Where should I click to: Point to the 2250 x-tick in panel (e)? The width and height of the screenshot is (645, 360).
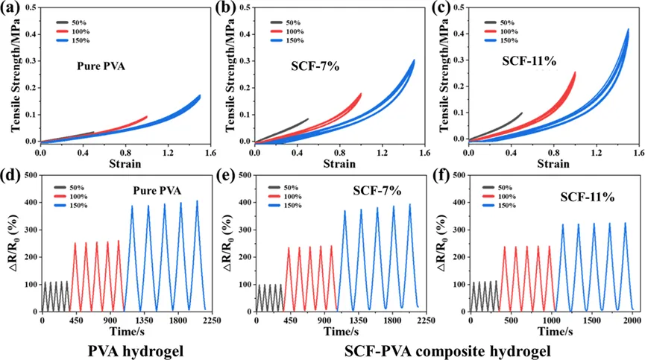pyautogui.click(x=426, y=320)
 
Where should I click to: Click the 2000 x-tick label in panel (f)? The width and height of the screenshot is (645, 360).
pyautogui.click(x=632, y=320)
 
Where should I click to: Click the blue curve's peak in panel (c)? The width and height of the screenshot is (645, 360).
pyautogui.click(x=628, y=30)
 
